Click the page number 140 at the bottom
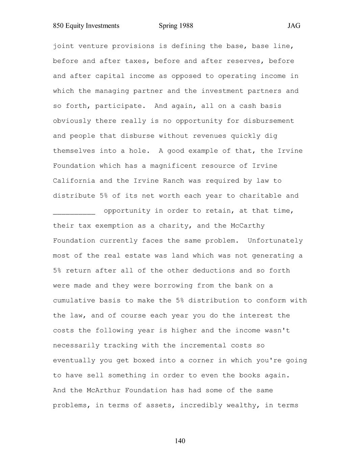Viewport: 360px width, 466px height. coord(180,441)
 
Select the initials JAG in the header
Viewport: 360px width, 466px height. coord(294,26)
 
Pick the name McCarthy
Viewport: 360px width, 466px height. coord(248,226)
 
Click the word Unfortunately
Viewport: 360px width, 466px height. coord(275,241)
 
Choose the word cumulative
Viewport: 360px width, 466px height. coord(74,301)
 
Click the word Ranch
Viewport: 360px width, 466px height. coord(174,181)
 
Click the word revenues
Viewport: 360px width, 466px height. coord(209,136)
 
